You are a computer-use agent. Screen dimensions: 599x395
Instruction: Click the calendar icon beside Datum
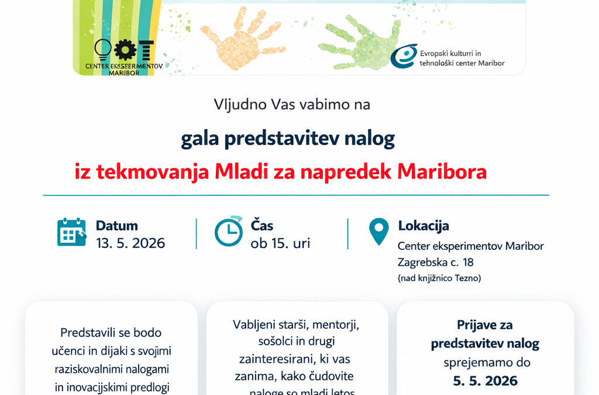[71, 232]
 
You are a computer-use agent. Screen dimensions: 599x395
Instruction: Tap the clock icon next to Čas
[229, 231]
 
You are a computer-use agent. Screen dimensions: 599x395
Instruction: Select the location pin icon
[378, 231]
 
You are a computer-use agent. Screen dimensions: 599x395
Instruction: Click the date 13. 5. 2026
[130, 243]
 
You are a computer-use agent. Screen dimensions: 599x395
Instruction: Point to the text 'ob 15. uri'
[280, 243]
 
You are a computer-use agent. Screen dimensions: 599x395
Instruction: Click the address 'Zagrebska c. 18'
[435, 262]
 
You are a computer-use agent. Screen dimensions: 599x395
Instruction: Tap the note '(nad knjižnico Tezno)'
[439, 278]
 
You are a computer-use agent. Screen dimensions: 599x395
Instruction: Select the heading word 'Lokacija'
[424, 225]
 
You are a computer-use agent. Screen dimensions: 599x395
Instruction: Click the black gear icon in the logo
[125, 50]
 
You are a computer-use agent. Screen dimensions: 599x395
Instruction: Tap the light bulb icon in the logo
[103, 50]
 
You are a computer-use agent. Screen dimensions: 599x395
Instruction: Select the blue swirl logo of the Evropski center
[404, 56]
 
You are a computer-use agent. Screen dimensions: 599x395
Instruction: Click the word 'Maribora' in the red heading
[442, 171]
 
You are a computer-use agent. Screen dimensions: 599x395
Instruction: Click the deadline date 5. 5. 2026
[485, 380]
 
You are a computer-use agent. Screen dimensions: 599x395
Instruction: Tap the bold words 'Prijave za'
[485, 325]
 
